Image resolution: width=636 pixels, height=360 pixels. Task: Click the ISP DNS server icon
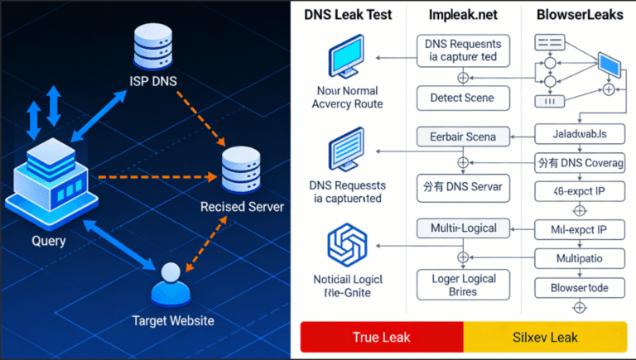click(x=154, y=47)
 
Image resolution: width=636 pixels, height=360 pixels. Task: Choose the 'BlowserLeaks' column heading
click(x=579, y=14)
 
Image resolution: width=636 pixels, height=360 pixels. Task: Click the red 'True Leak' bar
click(x=381, y=338)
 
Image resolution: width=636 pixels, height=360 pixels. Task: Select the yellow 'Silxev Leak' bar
click(x=546, y=338)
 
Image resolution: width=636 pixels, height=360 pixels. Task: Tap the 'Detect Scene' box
click(x=461, y=98)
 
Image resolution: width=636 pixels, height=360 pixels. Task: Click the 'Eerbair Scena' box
click(x=461, y=137)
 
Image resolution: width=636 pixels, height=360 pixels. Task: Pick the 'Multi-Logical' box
click(x=461, y=227)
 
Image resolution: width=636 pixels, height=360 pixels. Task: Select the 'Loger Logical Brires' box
click(x=461, y=285)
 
